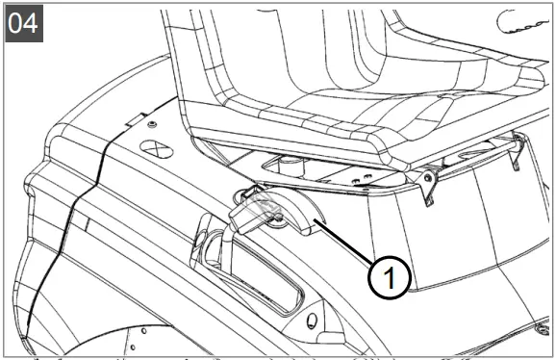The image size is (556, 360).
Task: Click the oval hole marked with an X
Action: pyautogui.click(x=157, y=149)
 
